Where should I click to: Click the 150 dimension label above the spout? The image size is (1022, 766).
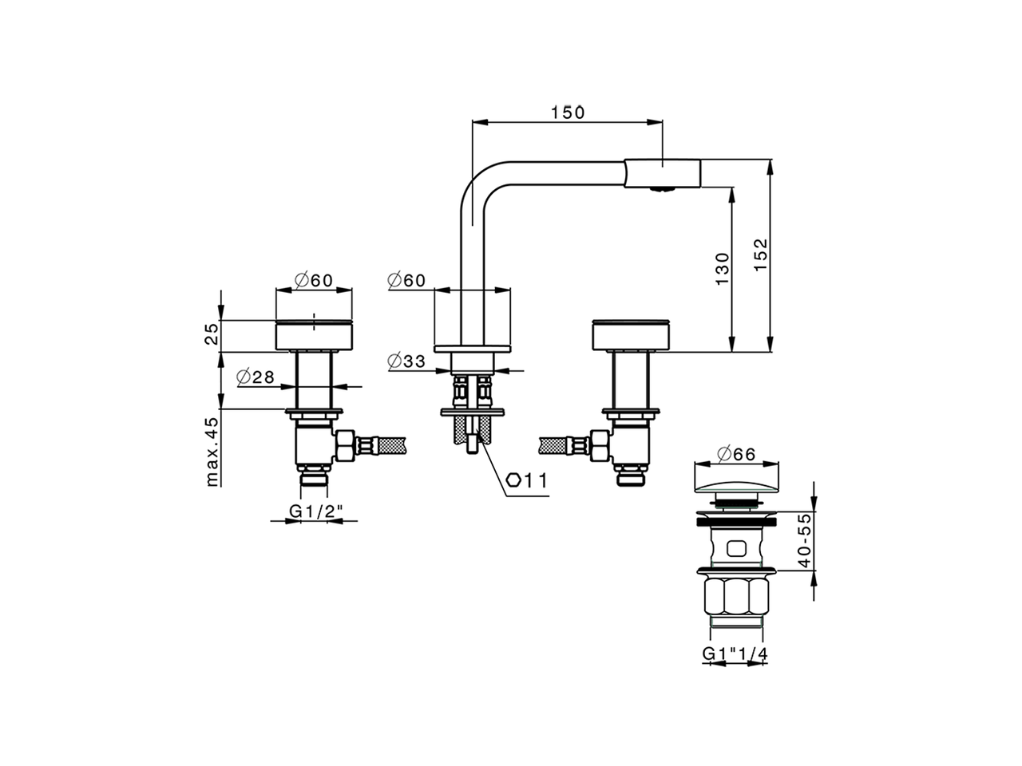(568, 113)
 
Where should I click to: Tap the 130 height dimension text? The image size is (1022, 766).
(722, 269)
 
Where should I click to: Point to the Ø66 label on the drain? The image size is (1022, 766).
(735, 454)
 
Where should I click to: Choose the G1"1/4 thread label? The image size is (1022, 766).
(735, 653)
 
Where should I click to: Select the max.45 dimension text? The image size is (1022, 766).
(212, 452)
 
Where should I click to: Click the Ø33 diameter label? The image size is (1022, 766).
(406, 361)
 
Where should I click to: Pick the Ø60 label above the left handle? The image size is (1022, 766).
(313, 280)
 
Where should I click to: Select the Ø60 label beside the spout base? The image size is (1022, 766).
(406, 280)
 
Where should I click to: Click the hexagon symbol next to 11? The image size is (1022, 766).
(515, 480)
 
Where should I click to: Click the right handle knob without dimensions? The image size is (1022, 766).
(632, 334)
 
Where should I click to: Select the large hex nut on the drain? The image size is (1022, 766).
(735, 597)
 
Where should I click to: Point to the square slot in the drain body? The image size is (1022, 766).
(735, 548)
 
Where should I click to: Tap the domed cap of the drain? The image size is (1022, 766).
(735, 480)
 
